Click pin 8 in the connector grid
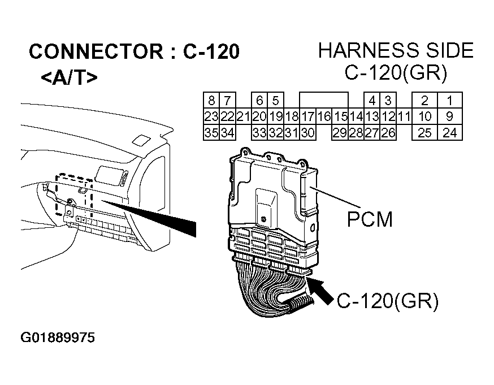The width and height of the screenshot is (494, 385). click(x=211, y=101)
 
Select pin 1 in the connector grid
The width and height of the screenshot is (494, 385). click(x=450, y=101)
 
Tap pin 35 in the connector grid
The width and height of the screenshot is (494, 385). click(x=211, y=133)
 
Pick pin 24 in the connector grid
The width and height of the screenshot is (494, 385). click(x=450, y=133)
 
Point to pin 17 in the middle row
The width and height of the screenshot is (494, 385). click(x=307, y=117)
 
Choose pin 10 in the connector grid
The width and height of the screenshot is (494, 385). click(x=425, y=117)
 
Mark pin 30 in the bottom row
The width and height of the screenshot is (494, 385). click(x=307, y=133)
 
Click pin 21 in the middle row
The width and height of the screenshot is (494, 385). click(x=243, y=117)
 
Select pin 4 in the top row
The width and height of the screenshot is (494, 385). click(x=372, y=101)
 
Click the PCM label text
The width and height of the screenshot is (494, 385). click(x=370, y=219)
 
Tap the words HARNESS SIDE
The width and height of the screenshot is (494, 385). click(x=396, y=50)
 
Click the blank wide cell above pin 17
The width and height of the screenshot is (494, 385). click(x=323, y=101)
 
